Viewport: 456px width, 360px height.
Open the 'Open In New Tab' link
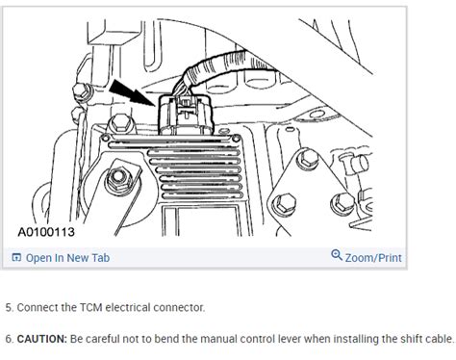click(x=67, y=257)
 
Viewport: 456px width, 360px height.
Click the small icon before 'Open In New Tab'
click(x=16, y=258)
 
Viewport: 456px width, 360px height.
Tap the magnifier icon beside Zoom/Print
click(x=336, y=256)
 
